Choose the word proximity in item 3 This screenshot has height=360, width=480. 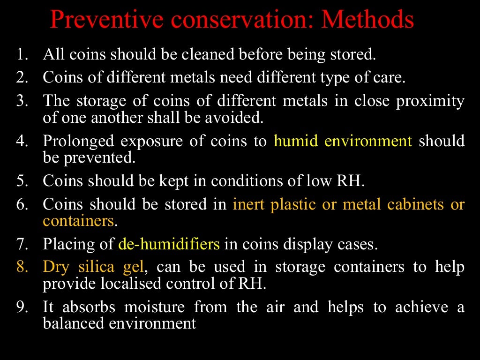(430, 101)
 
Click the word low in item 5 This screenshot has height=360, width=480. (320, 181)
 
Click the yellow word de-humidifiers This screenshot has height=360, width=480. (169, 244)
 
